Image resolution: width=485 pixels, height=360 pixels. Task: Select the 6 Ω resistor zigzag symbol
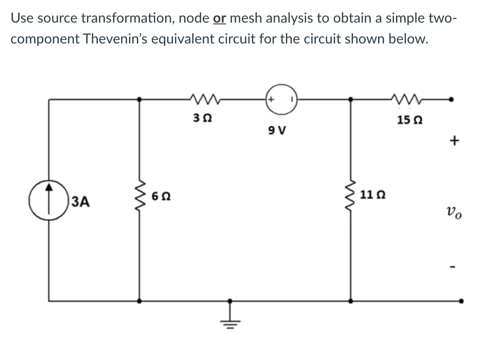(x=139, y=200)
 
